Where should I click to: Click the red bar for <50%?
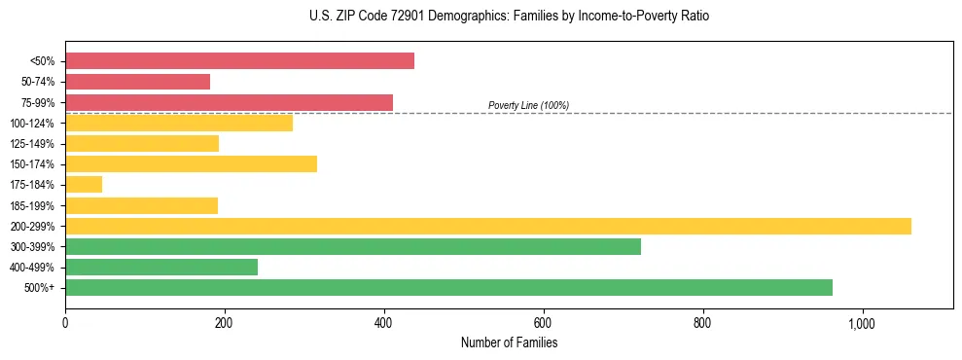[239, 60]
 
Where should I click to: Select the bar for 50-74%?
[137, 82]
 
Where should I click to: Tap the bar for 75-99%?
[229, 102]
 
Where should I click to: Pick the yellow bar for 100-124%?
[179, 123]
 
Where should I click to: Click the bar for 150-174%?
[191, 163]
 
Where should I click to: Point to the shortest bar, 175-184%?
[84, 184]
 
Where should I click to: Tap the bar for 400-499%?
[161, 267]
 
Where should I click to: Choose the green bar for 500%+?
[448, 287]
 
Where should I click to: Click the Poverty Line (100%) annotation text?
[528, 105]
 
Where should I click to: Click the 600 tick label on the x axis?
[543, 323]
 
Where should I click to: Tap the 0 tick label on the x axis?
[65, 323]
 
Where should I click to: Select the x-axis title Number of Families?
[509, 342]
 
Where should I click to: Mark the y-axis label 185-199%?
[32, 205]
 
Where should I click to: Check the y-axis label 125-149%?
[32, 144]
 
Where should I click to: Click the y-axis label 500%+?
[40, 288]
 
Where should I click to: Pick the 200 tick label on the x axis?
[224, 323]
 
